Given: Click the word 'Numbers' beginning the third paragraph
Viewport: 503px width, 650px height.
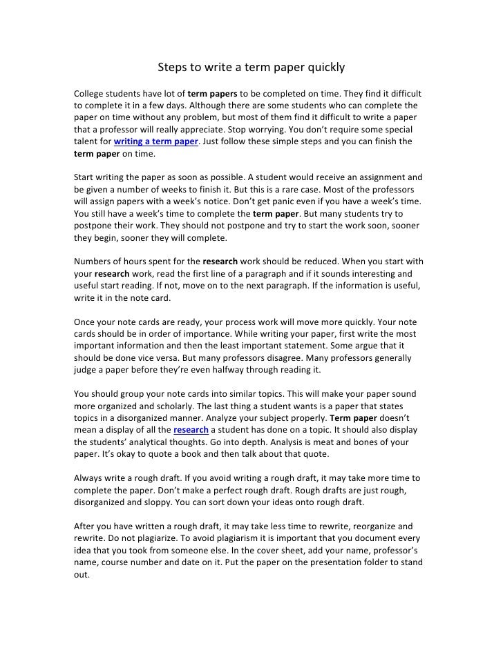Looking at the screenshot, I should [x=94, y=262].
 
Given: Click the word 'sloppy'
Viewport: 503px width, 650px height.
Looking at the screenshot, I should [x=153, y=502].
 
